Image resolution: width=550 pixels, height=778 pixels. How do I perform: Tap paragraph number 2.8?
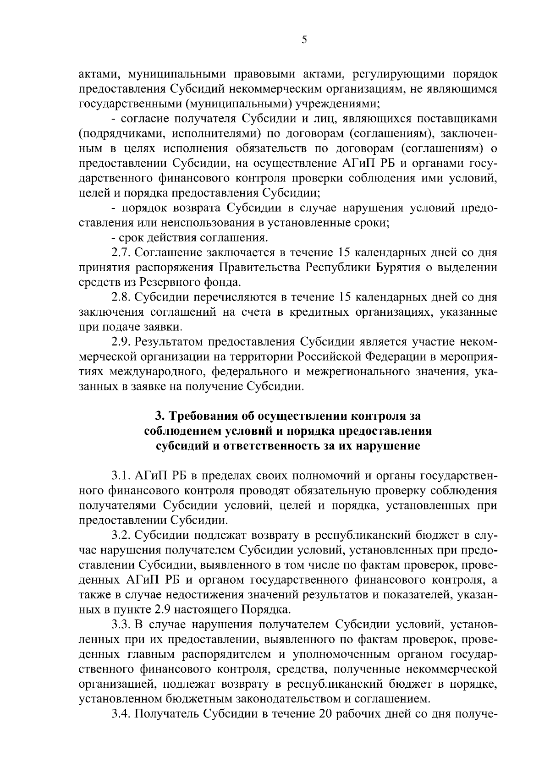[121, 297]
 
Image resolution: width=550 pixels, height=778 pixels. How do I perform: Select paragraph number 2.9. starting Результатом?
[121, 342]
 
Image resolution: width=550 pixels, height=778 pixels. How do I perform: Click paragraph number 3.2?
[121, 536]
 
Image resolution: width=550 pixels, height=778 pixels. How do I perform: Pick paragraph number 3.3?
[121, 625]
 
